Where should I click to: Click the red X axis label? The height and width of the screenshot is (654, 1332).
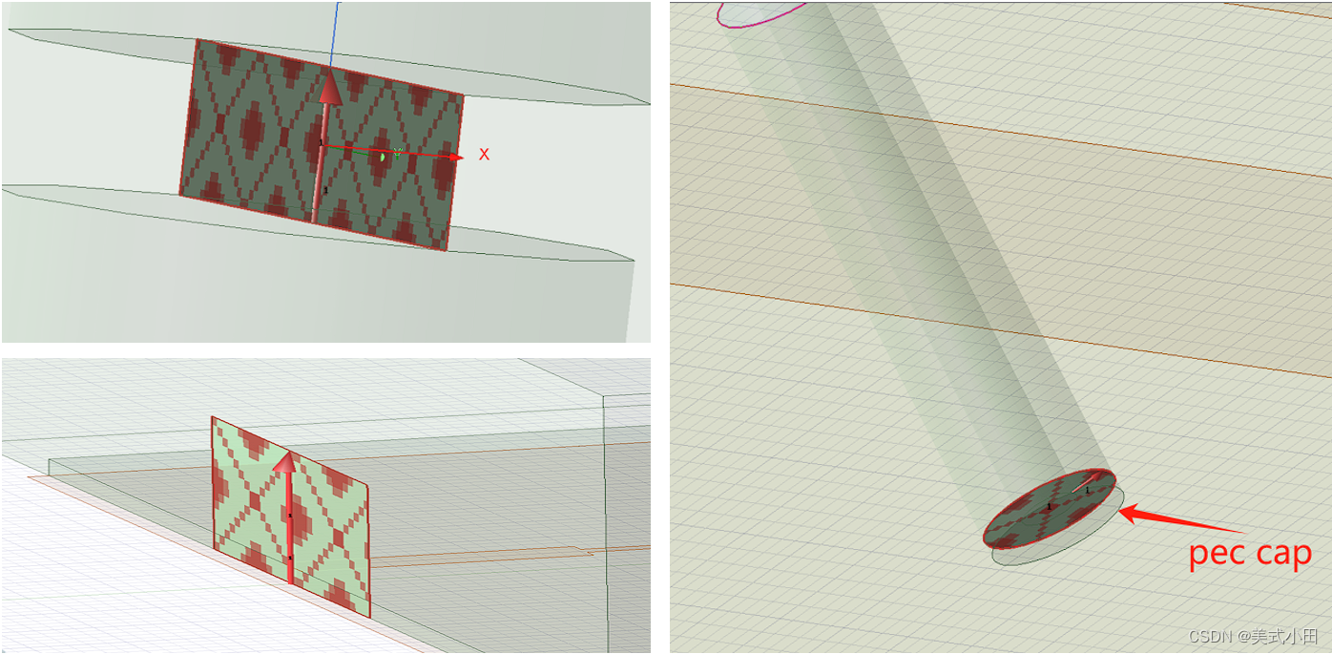tap(484, 155)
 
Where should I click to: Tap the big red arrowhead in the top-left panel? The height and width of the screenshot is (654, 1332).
tap(329, 87)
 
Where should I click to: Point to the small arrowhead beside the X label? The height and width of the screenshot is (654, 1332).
tap(455, 158)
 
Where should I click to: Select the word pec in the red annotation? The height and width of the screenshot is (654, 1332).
tap(1216, 555)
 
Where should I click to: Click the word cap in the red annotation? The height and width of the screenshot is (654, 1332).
tap(1282, 555)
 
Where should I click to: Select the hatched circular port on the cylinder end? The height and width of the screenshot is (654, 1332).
tap(1049, 509)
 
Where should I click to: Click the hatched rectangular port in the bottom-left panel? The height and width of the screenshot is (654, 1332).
tap(291, 517)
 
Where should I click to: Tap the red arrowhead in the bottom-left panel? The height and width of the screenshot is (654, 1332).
tap(286, 462)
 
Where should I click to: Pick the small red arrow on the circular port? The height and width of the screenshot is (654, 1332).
tap(1087, 482)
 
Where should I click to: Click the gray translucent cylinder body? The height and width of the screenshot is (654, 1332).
tap(927, 250)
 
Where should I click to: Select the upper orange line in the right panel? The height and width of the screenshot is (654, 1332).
tap(999, 130)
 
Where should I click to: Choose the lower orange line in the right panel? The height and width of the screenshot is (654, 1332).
tap(999, 330)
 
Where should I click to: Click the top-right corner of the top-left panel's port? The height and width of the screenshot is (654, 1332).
tap(463, 94)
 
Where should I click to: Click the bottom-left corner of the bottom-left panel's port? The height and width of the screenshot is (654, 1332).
tap(214, 548)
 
